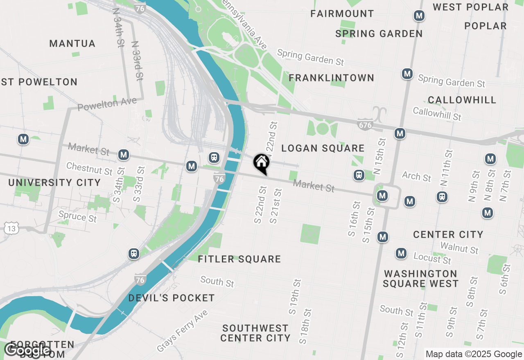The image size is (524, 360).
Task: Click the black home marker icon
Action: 262,163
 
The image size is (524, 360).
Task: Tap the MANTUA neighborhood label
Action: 72,43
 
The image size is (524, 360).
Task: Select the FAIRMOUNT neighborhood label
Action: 342,13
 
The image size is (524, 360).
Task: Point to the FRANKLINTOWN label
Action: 332,78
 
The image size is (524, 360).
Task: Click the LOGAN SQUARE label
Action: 323,148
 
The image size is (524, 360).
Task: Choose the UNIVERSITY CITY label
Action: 54,182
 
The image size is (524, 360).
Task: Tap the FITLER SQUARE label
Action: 239,259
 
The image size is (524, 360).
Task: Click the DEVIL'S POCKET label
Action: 172,298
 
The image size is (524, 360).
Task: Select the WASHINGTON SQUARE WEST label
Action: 420,279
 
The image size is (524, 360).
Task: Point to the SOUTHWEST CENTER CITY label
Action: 255,333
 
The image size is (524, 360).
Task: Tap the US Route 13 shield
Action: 11,228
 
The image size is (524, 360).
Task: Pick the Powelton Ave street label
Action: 107,104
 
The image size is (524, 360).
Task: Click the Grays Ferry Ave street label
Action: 182,331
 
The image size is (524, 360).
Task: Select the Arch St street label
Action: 416,176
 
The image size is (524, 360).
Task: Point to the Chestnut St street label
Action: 89,169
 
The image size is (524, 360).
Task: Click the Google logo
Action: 27,350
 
